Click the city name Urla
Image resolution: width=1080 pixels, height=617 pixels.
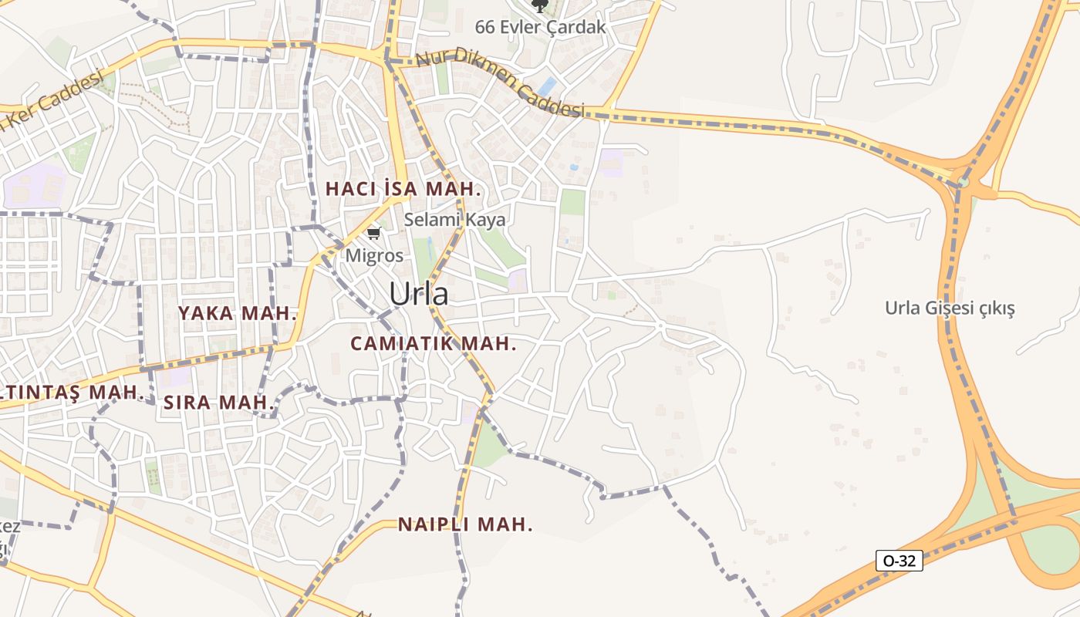tap(418, 294)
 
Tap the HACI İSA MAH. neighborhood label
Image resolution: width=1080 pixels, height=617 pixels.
tap(403, 189)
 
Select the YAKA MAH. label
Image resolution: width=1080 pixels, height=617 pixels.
tap(238, 313)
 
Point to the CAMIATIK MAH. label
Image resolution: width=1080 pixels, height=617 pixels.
tap(434, 344)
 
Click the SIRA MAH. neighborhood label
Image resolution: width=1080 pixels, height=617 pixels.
tap(219, 402)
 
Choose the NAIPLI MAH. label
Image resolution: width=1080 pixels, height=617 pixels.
tap(465, 524)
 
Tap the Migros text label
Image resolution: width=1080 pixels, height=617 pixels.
tap(374, 255)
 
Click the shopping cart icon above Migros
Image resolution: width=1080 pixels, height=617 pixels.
tap(374, 233)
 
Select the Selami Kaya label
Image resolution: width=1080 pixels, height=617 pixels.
tap(455, 220)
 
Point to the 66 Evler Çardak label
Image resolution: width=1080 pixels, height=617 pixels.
tap(540, 27)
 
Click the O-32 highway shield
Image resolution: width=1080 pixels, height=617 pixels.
tap(899, 561)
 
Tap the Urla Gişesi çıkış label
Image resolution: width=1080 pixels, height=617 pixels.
tap(950, 308)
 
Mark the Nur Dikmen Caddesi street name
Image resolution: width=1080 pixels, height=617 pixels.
tap(500, 83)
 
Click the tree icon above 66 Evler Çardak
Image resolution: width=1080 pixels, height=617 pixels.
tap(540, 6)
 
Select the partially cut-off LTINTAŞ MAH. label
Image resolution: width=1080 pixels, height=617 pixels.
tap(73, 392)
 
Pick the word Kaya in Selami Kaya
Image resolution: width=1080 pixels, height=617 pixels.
tap(486, 220)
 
